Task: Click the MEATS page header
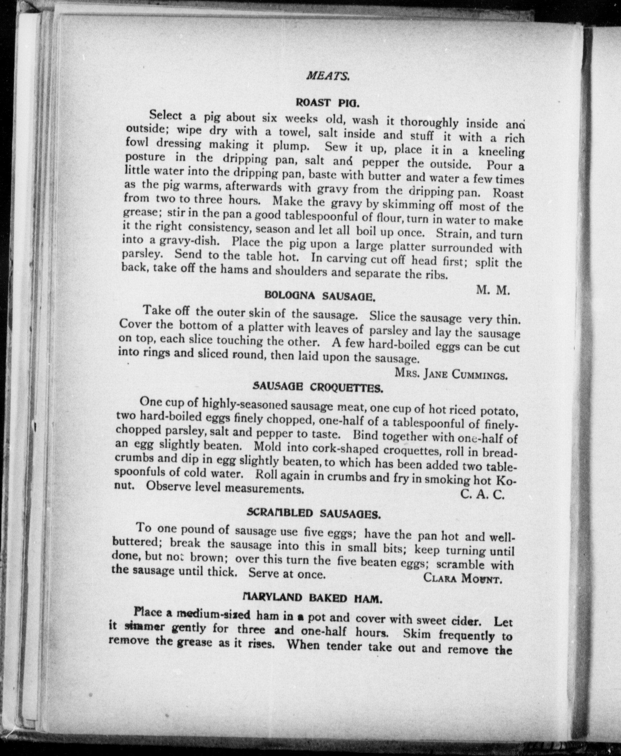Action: (328, 76)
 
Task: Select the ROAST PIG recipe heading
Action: (327, 103)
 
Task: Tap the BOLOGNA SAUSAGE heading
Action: (320, 296)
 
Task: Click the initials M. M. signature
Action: (493, 290)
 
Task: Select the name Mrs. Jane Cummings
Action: (451, 374)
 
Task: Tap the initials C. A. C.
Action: (483, 494)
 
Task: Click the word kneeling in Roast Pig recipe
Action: (501, 152)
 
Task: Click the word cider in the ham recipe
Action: (464, 620)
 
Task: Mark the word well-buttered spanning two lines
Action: (500, 538)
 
